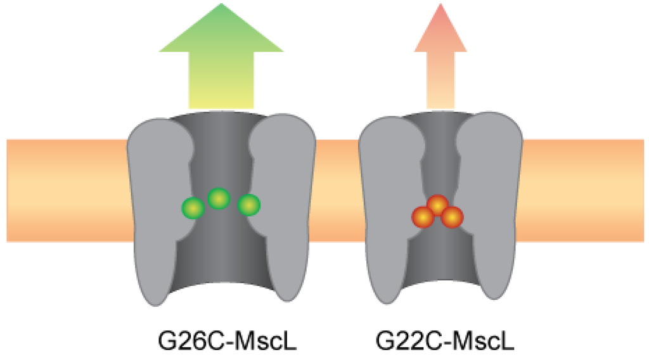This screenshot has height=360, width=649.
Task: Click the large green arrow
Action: point(221,63)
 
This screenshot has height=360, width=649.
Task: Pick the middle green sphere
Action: point(219,199)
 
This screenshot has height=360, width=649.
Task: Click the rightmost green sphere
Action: point(248,205)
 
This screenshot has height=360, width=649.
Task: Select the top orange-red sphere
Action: point(438,205)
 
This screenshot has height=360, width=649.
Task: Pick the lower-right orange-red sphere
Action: point(452,217)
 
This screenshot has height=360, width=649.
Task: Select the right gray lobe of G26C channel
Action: point(288,209)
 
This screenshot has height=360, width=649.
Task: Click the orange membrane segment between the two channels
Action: point(337,190)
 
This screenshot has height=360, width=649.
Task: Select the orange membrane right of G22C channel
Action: point(583,190)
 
